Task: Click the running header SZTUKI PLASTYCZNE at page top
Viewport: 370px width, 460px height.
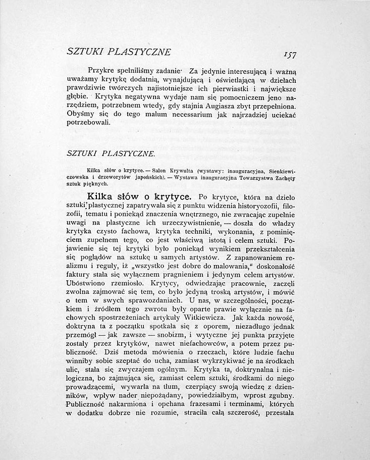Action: (119, 52)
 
